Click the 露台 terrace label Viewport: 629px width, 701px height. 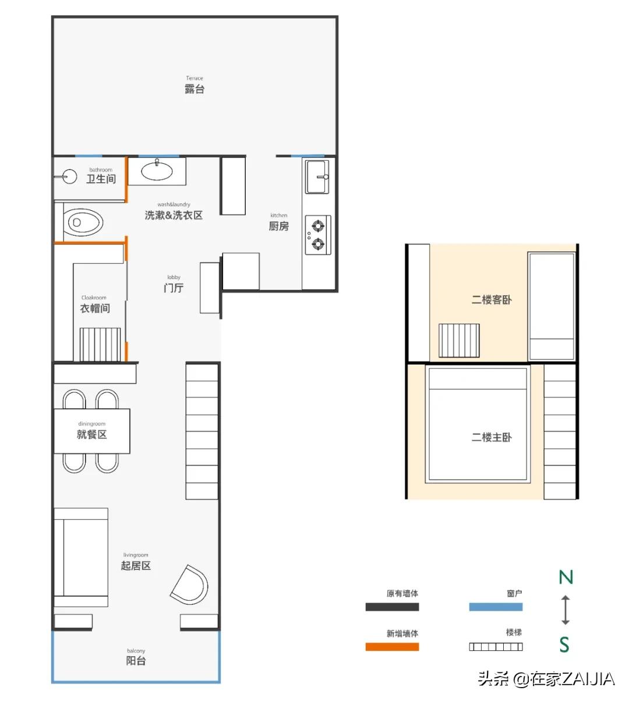point(195,89)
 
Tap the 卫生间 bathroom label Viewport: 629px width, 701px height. point(101,179)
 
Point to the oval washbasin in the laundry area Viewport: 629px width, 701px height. point(157,171)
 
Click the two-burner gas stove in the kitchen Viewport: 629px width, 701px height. point(318,235)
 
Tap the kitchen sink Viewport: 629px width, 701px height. point(317,176)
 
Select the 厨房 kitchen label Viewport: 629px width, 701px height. point(278,226)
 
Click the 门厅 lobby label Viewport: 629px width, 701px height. point(174,288)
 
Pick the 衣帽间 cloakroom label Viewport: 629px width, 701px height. point(94,308)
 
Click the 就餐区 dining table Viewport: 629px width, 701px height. point(92,431)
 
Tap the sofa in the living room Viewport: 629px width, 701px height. point(81,558)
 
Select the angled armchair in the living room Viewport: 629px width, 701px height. point(190,585)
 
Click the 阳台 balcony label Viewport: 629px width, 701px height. point(136,661)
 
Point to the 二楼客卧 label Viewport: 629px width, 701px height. point(492,300)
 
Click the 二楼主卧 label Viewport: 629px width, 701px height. point(492,437)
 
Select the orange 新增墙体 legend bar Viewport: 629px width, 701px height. point(392,647)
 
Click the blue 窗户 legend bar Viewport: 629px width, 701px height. point(496,607)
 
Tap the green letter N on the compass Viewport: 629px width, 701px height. point(566,577)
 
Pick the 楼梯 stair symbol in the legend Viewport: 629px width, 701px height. point(496,647)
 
